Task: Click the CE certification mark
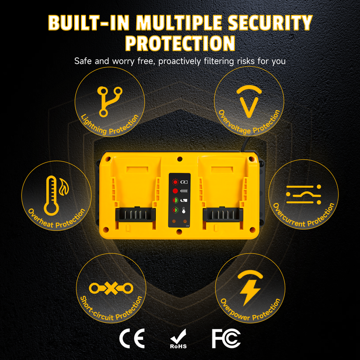[x=132, y=338]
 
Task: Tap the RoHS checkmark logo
[x=178, y=339]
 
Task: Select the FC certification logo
[x=226, y=339]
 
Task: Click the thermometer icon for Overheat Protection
[x=52, y=196]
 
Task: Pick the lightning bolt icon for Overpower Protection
[x=250, y=288]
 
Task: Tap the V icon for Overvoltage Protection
[x=249, y=101]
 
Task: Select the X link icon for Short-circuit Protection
[x=111, y=288]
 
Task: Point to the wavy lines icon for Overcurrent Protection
[x=303, y=194]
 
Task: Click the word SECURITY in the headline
[x=270, y=23]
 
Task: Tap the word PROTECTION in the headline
[x=180, y=43]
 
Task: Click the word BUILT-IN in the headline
[x=89, y=23]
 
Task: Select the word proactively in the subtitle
[x=180, y=61]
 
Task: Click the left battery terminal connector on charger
[x=135, y=215]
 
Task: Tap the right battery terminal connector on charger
[x=223, y=215]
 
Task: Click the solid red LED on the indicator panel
[x=175, y=191]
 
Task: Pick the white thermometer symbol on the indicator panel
[x=184, y=210]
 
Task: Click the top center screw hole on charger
[x=180, y=159]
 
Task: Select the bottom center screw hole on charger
[x=180, y=232]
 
